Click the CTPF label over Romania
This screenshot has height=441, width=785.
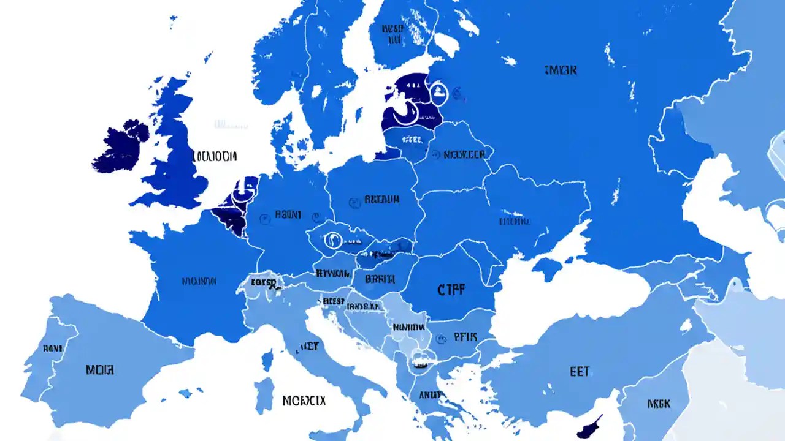coord(451,290)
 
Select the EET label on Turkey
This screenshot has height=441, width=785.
coord(580,371)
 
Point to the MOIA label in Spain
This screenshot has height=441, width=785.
coord(99,370)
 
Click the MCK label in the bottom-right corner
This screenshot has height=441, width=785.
coord(659,404)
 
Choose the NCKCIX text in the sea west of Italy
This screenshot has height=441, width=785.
coord(304,401)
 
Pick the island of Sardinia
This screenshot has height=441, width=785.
coord(264,395)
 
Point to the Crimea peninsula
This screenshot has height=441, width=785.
coord(547,267)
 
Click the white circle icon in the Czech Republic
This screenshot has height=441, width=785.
coord(334,240)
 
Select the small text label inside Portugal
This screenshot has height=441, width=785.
coord(53,348)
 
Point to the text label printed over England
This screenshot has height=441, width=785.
coord(214,156)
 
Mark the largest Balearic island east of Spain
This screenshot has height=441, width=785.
coord(183,393)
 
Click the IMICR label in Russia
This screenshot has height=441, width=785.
coord(560,70)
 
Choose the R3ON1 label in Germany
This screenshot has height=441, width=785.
coord(288,214)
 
